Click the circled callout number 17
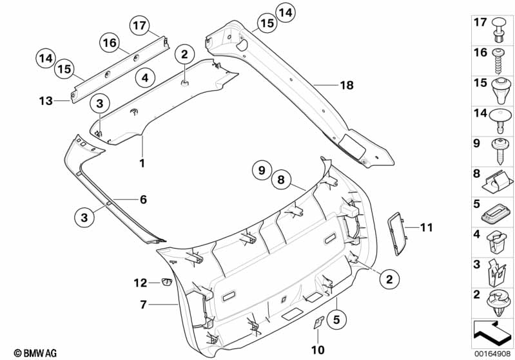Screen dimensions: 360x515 pyautogui.click(x=139, y=26)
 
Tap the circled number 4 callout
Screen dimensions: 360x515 pyautogui.click(x=145, y=78)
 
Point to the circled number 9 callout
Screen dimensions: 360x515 pyautogui.click(x=262, y=171)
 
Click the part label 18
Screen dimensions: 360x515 pyautogui.click(x=346, y=84)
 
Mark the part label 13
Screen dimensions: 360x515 pyautogui.click(x=46, y=100)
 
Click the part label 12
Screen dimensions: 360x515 pyautogui.click(x=141, y=282)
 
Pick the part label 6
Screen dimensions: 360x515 pyautogui.click(x=143, y=200)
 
